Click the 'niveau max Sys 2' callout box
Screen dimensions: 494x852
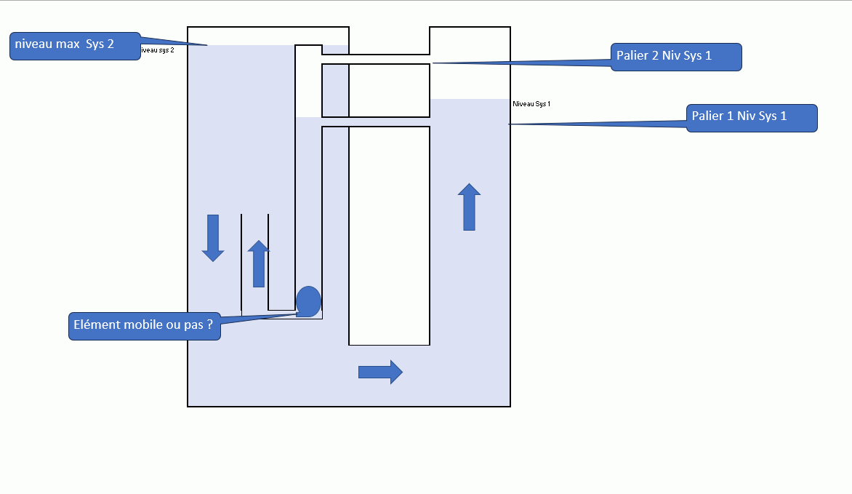coord(76,45)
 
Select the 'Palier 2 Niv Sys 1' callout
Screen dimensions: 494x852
coord(676,57)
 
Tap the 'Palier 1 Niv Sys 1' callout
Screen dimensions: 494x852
coord(752,118)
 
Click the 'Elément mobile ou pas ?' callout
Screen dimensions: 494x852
coord(144,326)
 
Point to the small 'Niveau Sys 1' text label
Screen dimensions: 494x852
coord(531,104)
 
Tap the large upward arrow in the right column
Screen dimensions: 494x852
coord(469,207)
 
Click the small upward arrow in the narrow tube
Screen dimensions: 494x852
coord(258,264)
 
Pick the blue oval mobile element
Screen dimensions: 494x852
coord(308,301)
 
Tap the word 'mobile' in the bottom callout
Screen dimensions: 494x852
coord(140,325)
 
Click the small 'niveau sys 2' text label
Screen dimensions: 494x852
coord(157,50)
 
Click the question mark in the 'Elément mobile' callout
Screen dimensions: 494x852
coord(209,325)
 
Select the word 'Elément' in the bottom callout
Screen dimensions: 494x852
coord(95,325)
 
